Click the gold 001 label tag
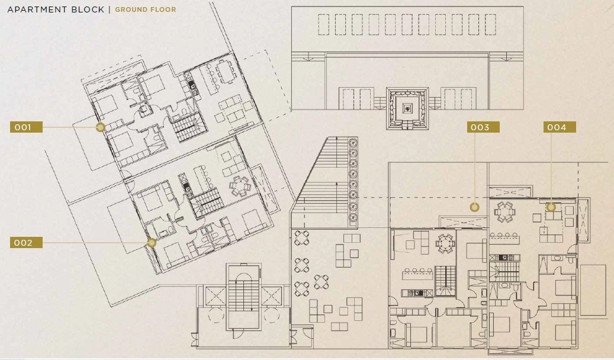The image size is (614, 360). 26,127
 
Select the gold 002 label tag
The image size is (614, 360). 26,243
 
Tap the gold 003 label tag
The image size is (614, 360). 483,127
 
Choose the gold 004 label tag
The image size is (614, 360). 560,127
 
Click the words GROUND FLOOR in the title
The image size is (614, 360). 145,9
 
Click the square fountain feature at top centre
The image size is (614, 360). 407,108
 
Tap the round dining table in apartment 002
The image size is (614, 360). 239,186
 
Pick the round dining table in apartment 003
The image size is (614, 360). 446,244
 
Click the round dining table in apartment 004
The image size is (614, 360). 504,212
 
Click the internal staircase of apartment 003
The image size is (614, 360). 446,281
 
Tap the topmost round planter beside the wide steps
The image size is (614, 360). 353,143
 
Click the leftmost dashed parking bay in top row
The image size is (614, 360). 323,25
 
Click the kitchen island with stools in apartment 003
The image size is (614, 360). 417,274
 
